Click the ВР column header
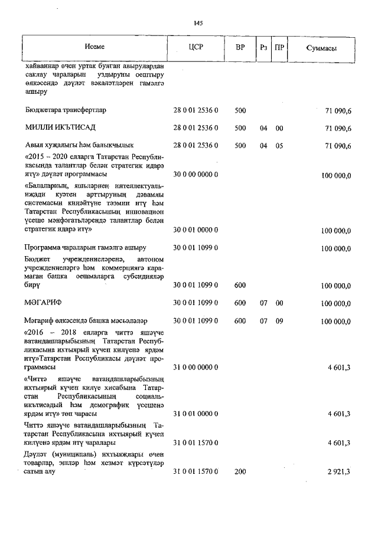point(240,48)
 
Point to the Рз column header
point(263,48)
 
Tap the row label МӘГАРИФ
point(44,303)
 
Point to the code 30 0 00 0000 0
point(195,176)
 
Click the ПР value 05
point(279,146)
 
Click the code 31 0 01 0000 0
point(195,414)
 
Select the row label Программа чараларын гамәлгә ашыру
point(85,248)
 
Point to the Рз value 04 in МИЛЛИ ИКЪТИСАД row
point(263,128)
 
